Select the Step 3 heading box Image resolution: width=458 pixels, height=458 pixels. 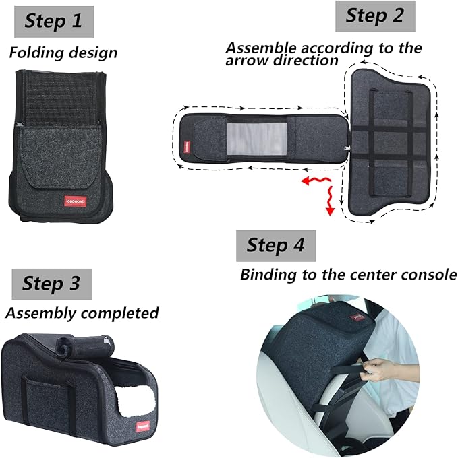(51, 284)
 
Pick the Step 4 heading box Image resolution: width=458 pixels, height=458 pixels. (276, 245)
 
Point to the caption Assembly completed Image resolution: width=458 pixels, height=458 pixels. (82, 313)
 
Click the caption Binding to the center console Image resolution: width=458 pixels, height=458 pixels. (348, 275)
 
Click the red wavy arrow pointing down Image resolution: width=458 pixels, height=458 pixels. (329, 202)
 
